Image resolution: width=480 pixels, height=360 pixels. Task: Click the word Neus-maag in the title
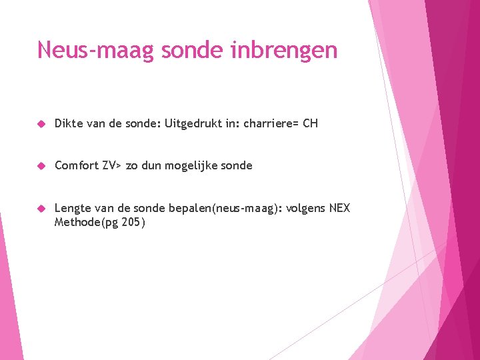[95, 50]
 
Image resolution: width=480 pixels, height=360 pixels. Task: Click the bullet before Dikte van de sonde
[41, 124]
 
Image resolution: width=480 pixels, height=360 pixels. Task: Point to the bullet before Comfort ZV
[41, 166]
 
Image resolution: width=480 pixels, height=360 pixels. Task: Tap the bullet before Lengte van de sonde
[41, 209]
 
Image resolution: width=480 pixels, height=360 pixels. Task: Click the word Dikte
[68, 124]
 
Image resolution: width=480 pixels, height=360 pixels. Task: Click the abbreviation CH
[310, 124]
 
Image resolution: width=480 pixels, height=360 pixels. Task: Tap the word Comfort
[77, 165]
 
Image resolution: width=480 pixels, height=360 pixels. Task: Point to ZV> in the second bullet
[112, 165]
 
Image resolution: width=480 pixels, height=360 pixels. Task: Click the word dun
[152, 165]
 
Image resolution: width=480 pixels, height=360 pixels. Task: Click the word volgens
[306, 209]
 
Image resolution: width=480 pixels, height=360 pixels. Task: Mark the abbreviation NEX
[340, 209]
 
